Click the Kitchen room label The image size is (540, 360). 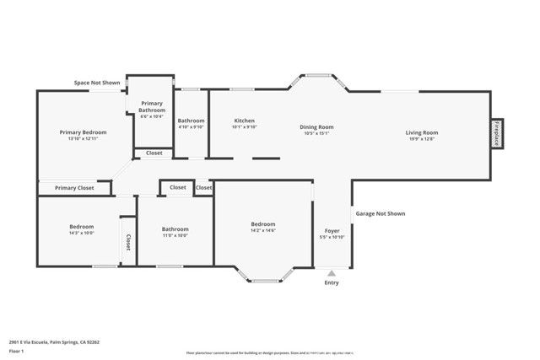pos(244,121)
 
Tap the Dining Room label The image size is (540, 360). pos(316,126)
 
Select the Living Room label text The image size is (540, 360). pos(421,132)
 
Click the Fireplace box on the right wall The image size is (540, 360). pos(497,133)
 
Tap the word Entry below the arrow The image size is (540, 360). pos(332,282)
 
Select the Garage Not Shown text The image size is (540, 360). pos(380,213)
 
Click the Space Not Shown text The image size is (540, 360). pos(97,83)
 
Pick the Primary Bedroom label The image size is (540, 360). pos(83,132)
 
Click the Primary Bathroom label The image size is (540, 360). pos(153,106)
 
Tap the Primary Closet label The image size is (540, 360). pos(73,187)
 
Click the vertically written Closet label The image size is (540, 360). pos(128,243)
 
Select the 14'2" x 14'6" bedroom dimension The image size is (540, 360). pos(262,230)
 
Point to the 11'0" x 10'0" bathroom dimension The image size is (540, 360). pos(175,235)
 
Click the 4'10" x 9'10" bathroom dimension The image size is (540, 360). pos(191,127)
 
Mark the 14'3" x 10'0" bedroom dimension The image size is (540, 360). pos(81,234)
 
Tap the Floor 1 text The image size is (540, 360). pos(17,350)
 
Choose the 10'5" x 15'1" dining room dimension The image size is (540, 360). pos(316,133)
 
